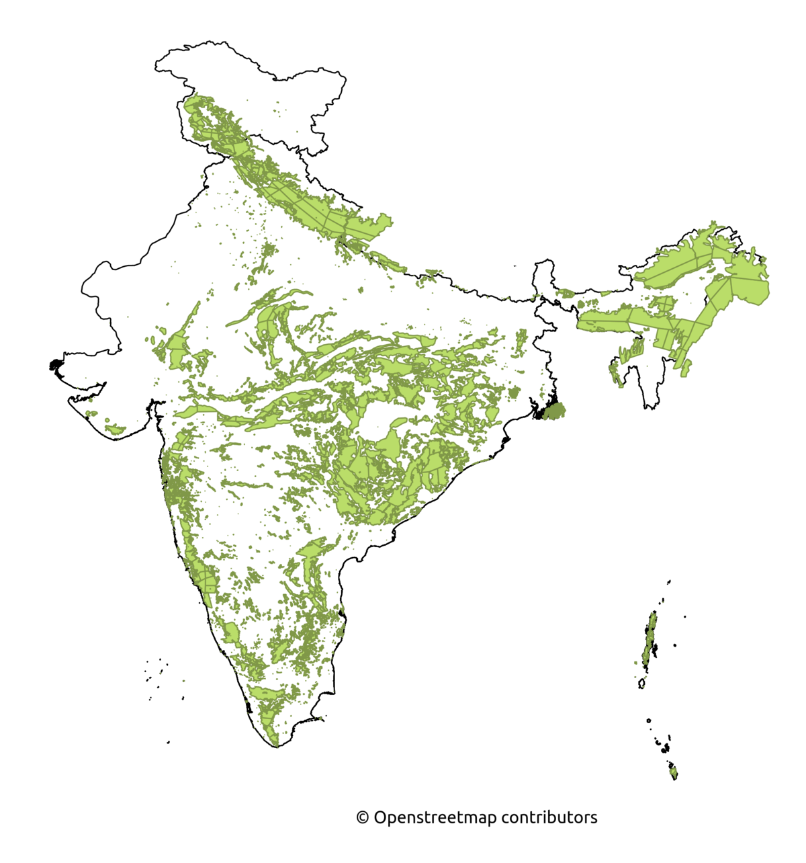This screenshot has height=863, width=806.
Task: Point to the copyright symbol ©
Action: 362,818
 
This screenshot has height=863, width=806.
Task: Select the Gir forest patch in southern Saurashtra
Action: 116,428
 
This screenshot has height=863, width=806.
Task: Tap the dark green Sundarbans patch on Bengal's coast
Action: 554,410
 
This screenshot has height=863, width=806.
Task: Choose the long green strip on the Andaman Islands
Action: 650,639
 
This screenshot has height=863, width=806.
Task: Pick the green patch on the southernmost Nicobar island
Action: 674,773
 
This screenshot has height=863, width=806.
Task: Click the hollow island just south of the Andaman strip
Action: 641,684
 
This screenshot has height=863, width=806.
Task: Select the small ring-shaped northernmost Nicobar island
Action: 648,721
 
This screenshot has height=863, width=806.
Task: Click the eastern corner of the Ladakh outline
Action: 345,81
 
